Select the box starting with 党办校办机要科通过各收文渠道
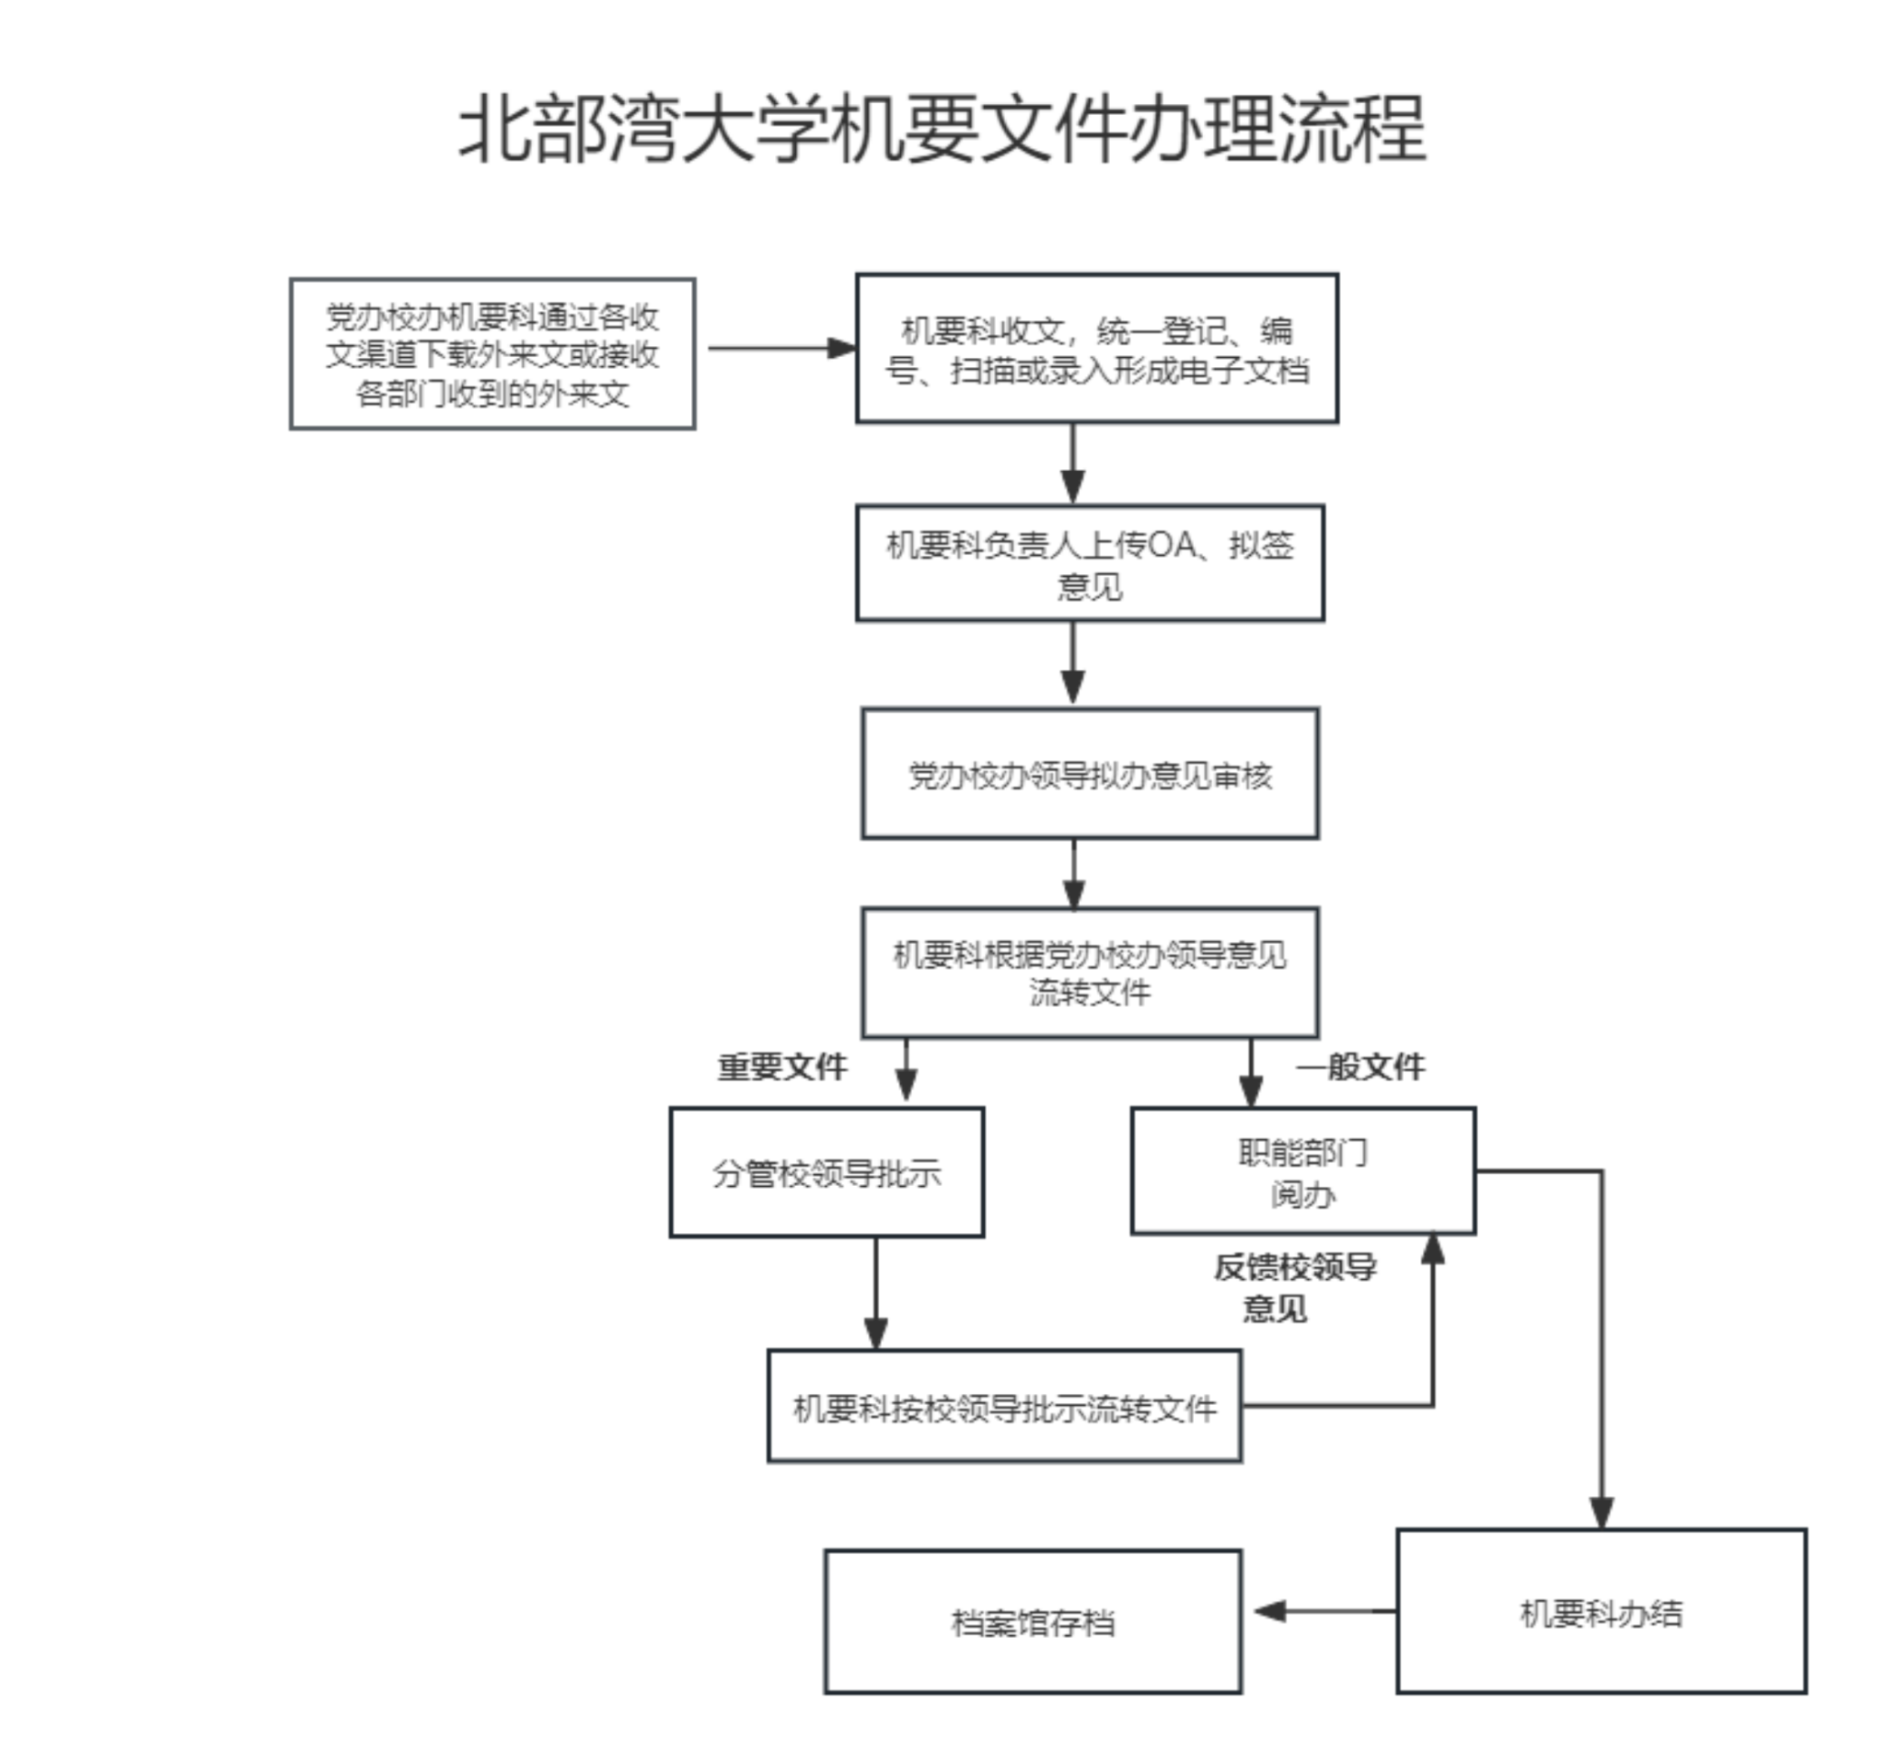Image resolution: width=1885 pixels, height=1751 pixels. [x=491, y=353]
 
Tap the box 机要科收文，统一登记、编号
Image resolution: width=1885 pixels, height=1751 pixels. [x=1096, y=349]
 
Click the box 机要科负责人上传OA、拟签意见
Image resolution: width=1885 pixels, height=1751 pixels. [x=1090, y=564]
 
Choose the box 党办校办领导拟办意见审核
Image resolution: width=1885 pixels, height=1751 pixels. [x=1090, y=774]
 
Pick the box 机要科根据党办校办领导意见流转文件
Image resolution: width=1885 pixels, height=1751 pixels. [x=1090, y=973]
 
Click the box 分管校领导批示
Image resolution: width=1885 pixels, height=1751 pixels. [x=827, y=1173]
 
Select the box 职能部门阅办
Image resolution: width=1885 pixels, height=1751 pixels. [x=1303, y=1172]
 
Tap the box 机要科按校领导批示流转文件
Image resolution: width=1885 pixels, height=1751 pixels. [x=1004, y=1407]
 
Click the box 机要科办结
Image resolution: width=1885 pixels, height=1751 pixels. [x=1601, y=1612]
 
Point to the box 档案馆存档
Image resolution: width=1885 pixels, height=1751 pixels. [x=1033, y=1622]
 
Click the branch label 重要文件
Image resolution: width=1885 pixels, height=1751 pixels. [x=781, y=1067]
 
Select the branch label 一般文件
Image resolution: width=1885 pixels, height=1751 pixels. [x=1360, y=1067]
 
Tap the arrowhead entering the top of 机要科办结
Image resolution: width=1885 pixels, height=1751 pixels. [x=1602, y=1513]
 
